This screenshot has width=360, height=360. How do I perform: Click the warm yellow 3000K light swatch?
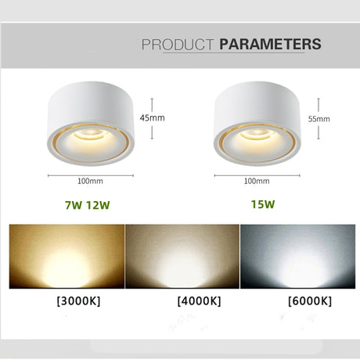tap(66, 256)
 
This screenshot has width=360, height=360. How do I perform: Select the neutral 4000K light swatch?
tap(182, 256)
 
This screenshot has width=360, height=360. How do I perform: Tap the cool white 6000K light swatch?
tap(297, 256)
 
